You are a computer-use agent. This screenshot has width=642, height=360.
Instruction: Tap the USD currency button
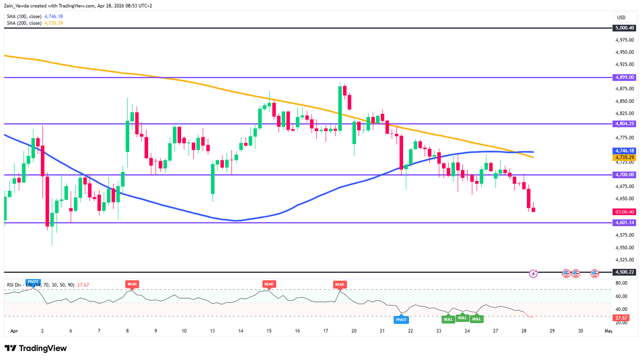[x=621, y=17]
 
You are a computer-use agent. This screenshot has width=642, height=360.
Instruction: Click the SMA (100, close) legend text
[x=24, y=16]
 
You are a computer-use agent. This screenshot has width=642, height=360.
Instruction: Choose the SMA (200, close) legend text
[x=24, y=23]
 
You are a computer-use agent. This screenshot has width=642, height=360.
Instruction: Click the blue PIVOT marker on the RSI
[x=401, y=320]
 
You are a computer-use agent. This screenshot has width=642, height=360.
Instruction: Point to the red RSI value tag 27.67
[x=622, y=318]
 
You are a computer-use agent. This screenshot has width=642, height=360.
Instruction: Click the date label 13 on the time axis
[x=212, y=331]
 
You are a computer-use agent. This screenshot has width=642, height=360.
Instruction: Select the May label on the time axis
[x=609, y=331]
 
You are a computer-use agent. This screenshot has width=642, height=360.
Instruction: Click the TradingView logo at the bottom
[x=36, y=349]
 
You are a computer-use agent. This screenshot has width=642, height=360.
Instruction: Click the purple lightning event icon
[x=533, y=273]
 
